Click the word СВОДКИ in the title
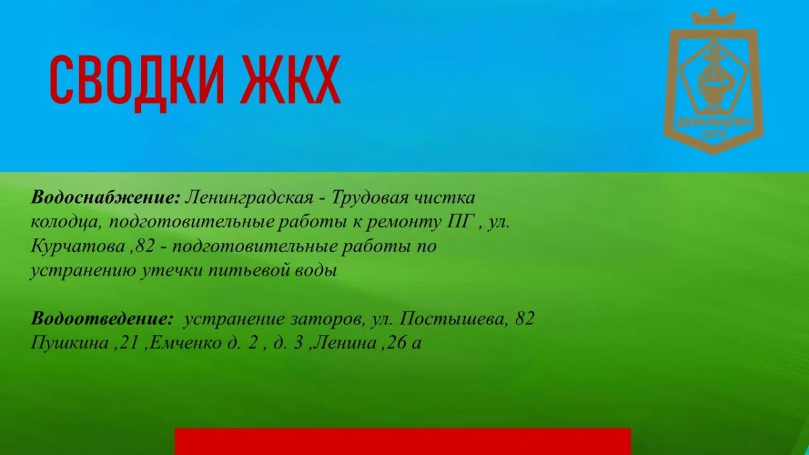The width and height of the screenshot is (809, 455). [136, 81]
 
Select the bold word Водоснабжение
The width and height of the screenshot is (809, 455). [105, 198]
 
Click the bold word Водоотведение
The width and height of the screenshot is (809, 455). [102, 318]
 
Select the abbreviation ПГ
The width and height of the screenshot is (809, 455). [460, 222]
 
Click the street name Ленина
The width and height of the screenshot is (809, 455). [346, 343]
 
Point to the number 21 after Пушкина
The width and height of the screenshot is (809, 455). [128, 343]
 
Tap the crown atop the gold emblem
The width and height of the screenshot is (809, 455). [713, 18]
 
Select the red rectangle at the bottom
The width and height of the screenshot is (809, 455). [402, 442]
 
